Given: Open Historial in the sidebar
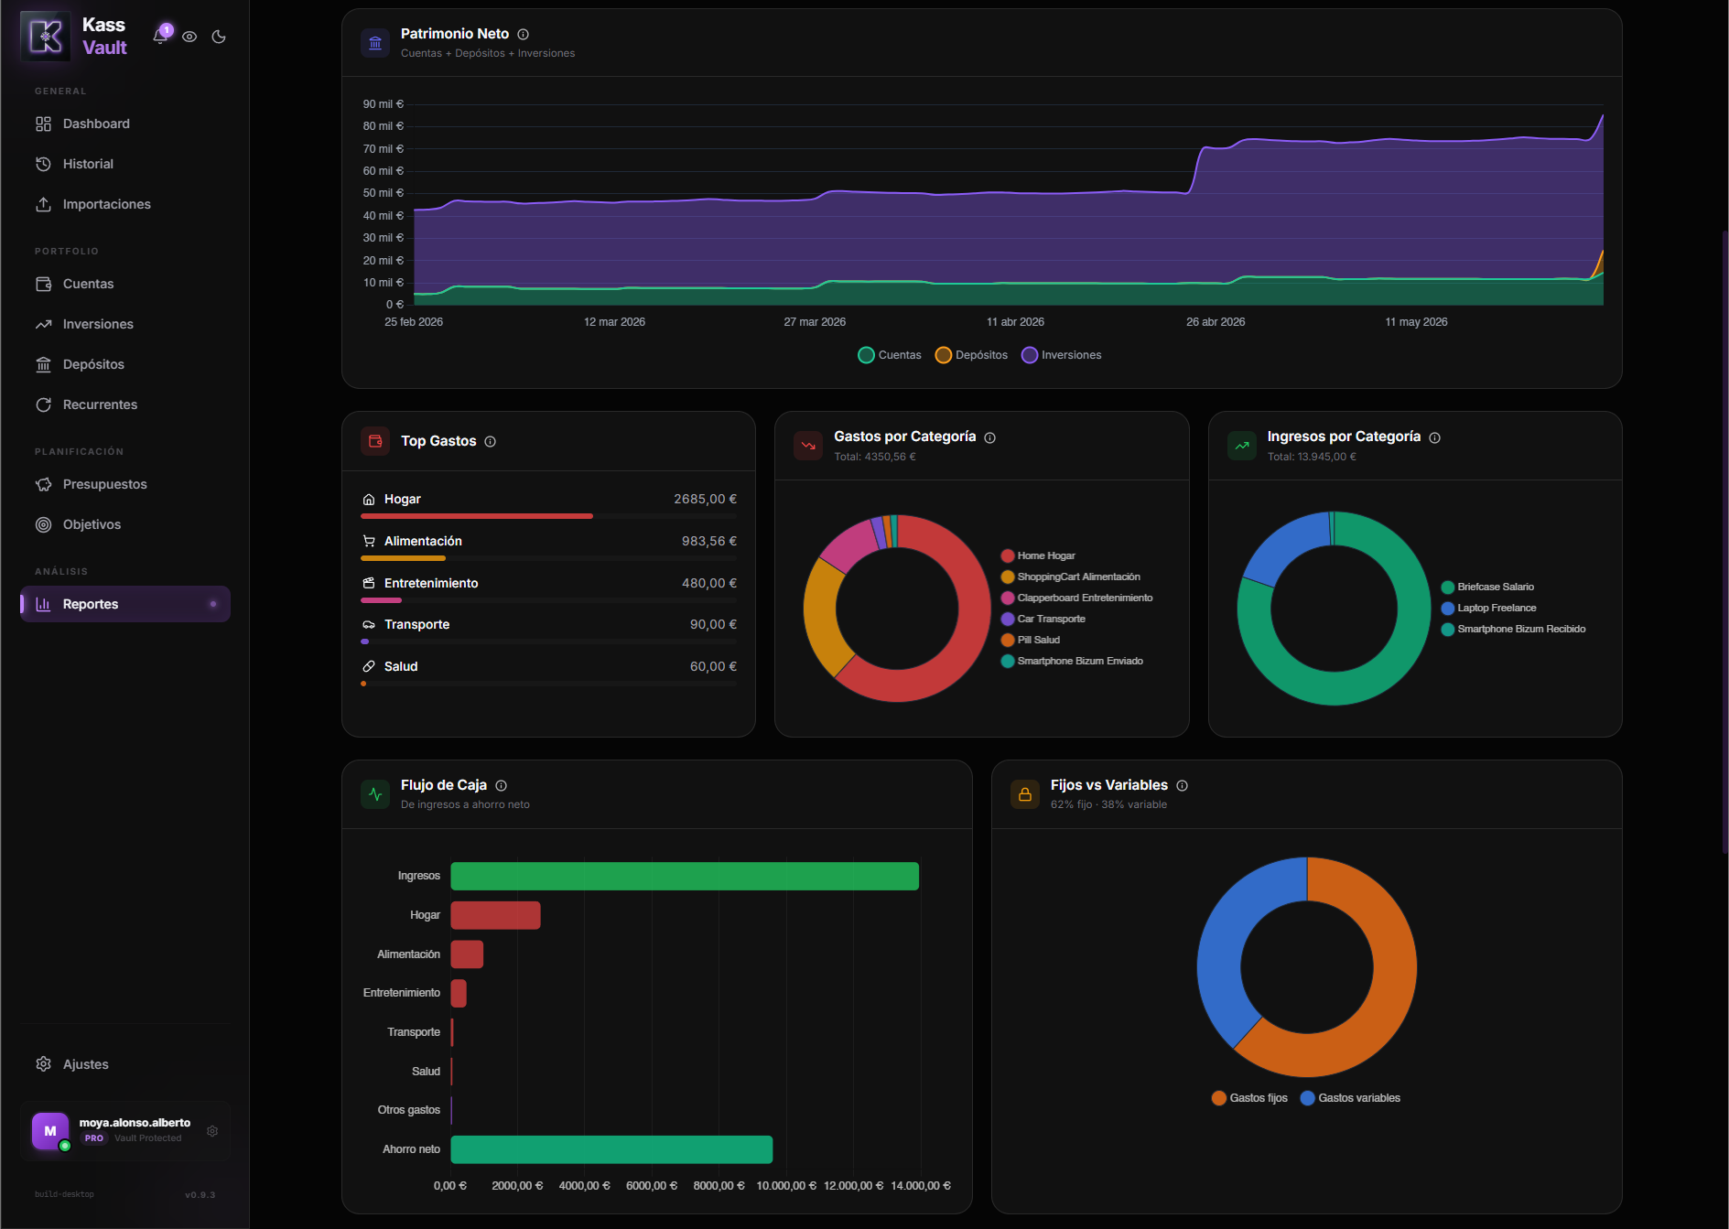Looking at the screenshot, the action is click(x=88, y=164).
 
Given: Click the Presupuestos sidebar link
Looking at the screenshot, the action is click(x=104, y=484).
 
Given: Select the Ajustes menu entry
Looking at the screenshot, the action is click(x=85, y=1064).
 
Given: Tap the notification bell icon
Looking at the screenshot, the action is click(x=160, y=37).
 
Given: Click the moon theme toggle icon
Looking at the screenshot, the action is click(x=219, y=37).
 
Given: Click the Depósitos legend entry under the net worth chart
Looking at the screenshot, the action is click(x=971, y=355).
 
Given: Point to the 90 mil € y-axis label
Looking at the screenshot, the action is click(x=383, y=104).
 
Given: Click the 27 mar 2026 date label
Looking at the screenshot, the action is click(x=815, y=322).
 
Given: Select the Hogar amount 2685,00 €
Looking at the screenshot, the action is click(x=705, y=499).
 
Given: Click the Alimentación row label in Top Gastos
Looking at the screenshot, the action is click(x=423, y=541).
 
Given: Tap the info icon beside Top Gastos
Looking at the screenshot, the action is click(x=491, y=442).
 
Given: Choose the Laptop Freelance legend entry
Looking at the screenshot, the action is click(x=1488, y=608).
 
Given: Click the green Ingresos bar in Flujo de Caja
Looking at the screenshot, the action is click(x=685, y=876).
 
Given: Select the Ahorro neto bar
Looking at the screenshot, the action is click(x=611, y=1149).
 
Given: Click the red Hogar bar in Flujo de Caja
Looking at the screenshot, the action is click(x=495, y=915).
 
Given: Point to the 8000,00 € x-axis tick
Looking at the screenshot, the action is click(x=719, y=1186).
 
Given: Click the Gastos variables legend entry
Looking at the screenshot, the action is click(x=1350, y=1098).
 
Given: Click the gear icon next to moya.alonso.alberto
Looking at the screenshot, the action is click(x=212, y=1131).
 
